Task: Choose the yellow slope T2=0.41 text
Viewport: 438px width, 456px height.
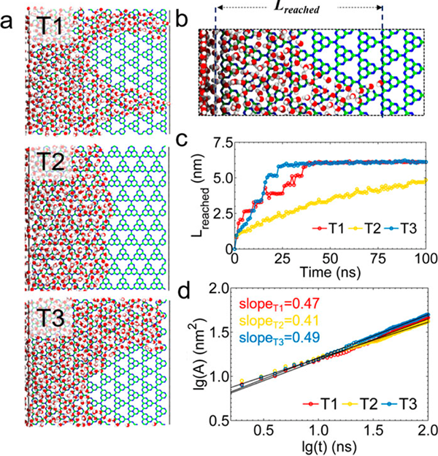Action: (x=288, y=314)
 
